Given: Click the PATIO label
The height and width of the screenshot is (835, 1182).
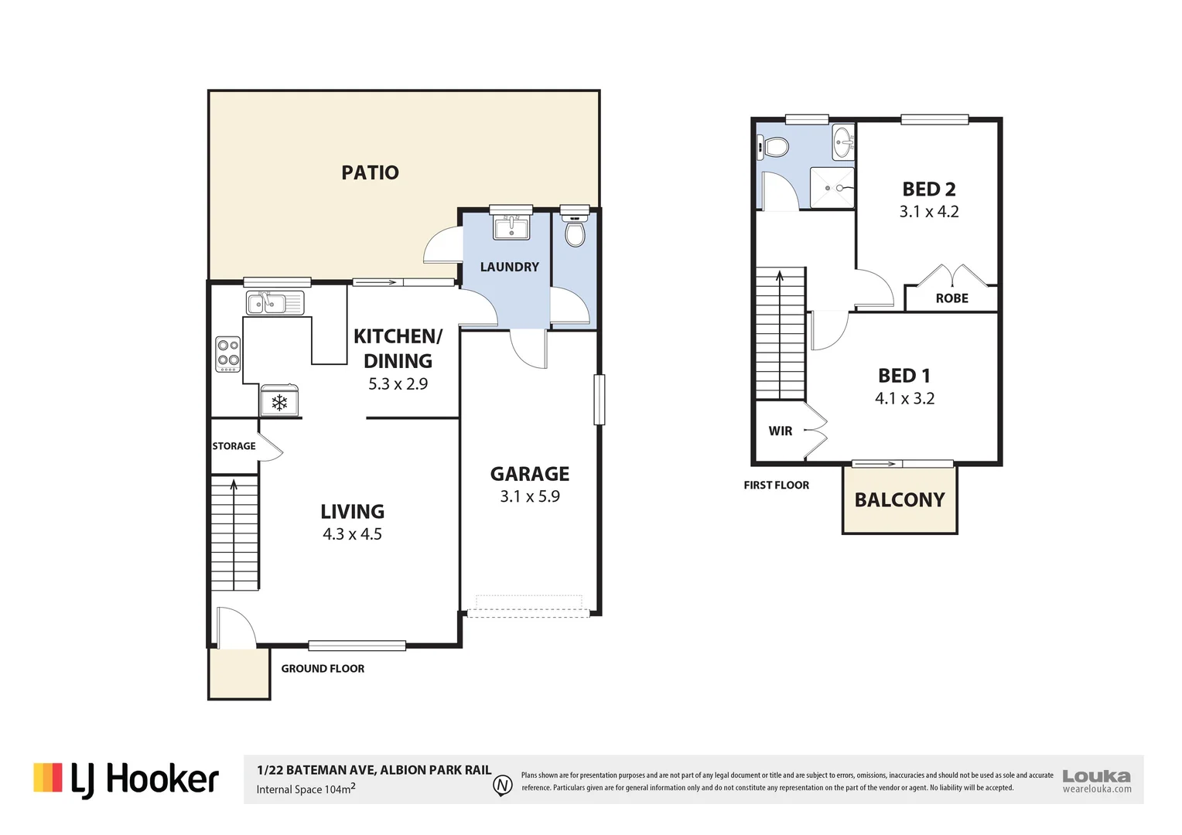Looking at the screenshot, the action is pos(370,172).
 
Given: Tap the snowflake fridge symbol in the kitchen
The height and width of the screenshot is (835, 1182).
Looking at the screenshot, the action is pos(279,403).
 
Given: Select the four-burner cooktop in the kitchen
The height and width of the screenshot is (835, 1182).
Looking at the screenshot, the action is pos(228,354).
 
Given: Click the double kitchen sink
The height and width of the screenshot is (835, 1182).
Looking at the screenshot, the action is pos(275,303).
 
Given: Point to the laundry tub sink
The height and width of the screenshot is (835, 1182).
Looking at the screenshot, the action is pos(511,227).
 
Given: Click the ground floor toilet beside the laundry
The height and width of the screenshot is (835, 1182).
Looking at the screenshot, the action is pos(575,230).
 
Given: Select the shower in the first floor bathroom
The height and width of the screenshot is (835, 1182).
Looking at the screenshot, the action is pos(832,188).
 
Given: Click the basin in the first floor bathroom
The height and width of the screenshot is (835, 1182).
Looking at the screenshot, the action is pos(843,142).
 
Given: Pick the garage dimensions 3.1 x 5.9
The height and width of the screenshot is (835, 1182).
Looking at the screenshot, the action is pos(530,496).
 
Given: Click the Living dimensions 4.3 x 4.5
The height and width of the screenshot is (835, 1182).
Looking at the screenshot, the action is pos(352,534).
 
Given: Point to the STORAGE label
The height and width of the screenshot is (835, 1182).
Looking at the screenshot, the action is pos(234,446).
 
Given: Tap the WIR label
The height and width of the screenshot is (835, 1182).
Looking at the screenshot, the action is pos(781,431).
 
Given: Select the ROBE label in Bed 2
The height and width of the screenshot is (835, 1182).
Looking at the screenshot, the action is pos(952,298).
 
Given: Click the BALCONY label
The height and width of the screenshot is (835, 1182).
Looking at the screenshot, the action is pos(900,500).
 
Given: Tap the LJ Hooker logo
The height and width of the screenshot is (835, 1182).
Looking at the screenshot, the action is pos(126,780).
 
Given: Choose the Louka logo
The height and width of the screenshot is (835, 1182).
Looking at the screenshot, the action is pos(1097,781).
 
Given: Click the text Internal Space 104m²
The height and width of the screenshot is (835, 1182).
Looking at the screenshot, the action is pos(306,789).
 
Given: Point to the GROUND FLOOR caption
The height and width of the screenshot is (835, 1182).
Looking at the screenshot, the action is pos(323,669).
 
